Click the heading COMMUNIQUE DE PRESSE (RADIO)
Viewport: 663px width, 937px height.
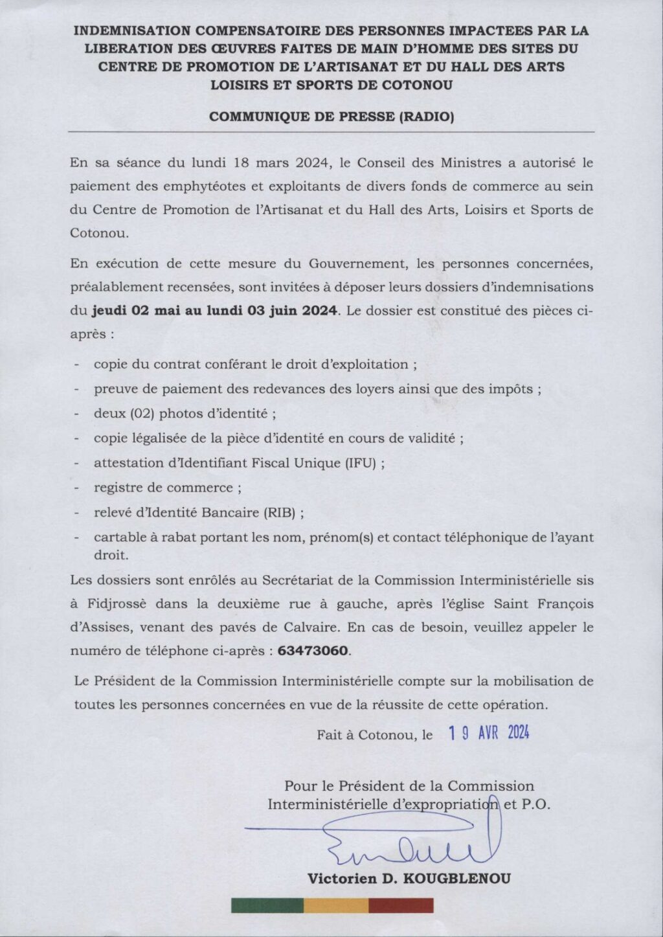(x=332, y=117)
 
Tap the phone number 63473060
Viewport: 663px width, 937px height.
(x=313, y=651)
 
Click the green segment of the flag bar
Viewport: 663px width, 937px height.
(x=267, y=905)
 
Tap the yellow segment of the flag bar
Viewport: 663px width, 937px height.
(x=335, y=905)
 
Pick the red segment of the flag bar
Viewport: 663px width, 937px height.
(x=401, y=905)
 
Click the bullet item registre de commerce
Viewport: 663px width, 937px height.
(x=163, y=488)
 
